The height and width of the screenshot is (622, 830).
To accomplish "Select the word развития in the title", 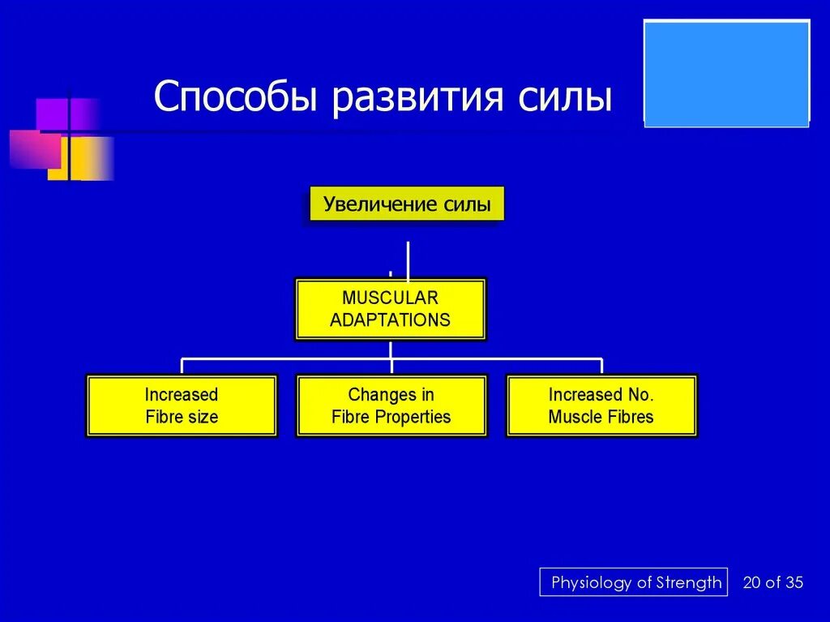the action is (x=417, y=97).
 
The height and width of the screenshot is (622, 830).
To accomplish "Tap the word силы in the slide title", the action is (x=565, y=97).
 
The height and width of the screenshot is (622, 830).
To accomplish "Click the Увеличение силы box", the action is (x=407, y=204).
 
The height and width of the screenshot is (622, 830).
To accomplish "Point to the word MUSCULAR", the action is (x=390, y=298).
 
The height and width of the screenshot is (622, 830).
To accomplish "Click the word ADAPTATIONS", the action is (x=390, y=320).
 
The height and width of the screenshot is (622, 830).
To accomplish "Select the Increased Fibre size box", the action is (x=182, y=405).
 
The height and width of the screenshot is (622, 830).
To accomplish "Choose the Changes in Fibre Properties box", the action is (x=391, y=405).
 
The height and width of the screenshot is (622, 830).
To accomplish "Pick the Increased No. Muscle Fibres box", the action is (x=601, y=405).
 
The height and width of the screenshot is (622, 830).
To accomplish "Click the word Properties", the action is (x=413, y=418).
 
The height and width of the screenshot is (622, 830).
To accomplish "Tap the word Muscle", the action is (x=575, y=417).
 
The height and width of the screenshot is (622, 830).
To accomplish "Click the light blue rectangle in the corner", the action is (x=727, y=73).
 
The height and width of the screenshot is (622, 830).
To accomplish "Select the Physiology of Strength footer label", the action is (x=634, y=582).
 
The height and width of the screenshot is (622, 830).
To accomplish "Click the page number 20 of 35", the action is (x=772, y=582).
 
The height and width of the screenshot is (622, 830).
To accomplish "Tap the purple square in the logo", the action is (x=68, y=114).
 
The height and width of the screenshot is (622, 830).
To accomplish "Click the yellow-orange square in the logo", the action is (x=80, y=158).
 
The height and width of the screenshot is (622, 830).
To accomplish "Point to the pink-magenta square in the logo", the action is (x=36, y=149).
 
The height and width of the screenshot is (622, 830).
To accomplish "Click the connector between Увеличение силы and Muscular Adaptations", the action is (x=409, y=260).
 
